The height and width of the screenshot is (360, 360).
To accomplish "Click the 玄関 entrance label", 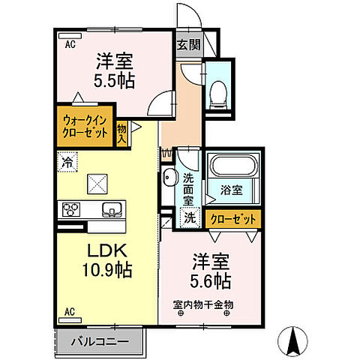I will pos(188,44).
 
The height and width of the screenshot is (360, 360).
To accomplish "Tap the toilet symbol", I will pos(219,91).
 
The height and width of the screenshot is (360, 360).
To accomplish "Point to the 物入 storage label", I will pos(121,133).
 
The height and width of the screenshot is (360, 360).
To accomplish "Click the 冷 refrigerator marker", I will pos(67,160).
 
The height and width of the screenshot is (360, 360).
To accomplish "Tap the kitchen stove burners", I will pos(71,209).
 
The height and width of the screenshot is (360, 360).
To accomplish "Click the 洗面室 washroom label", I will pos(188,190).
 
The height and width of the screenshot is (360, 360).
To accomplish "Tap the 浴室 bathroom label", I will pos(232,190).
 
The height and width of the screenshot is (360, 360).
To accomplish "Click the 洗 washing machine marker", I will pos(190,219).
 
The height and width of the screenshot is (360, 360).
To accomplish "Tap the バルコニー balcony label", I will pos(100,341).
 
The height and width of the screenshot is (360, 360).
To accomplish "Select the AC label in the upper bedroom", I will pos(69,43).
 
